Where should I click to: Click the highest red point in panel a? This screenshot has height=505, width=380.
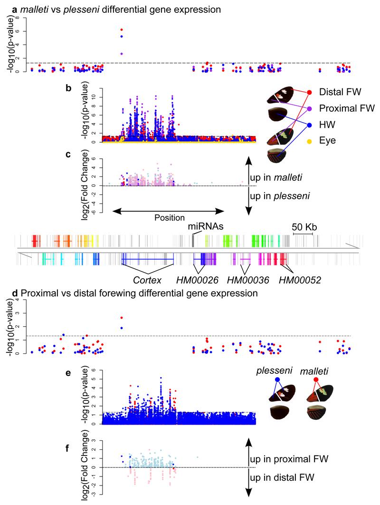(x=122, y=30)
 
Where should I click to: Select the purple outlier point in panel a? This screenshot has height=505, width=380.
(x=122, y=54)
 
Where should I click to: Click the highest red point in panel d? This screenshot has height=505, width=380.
(x=122, y=318)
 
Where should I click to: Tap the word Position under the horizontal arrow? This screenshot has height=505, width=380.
(x=169, y=218)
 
